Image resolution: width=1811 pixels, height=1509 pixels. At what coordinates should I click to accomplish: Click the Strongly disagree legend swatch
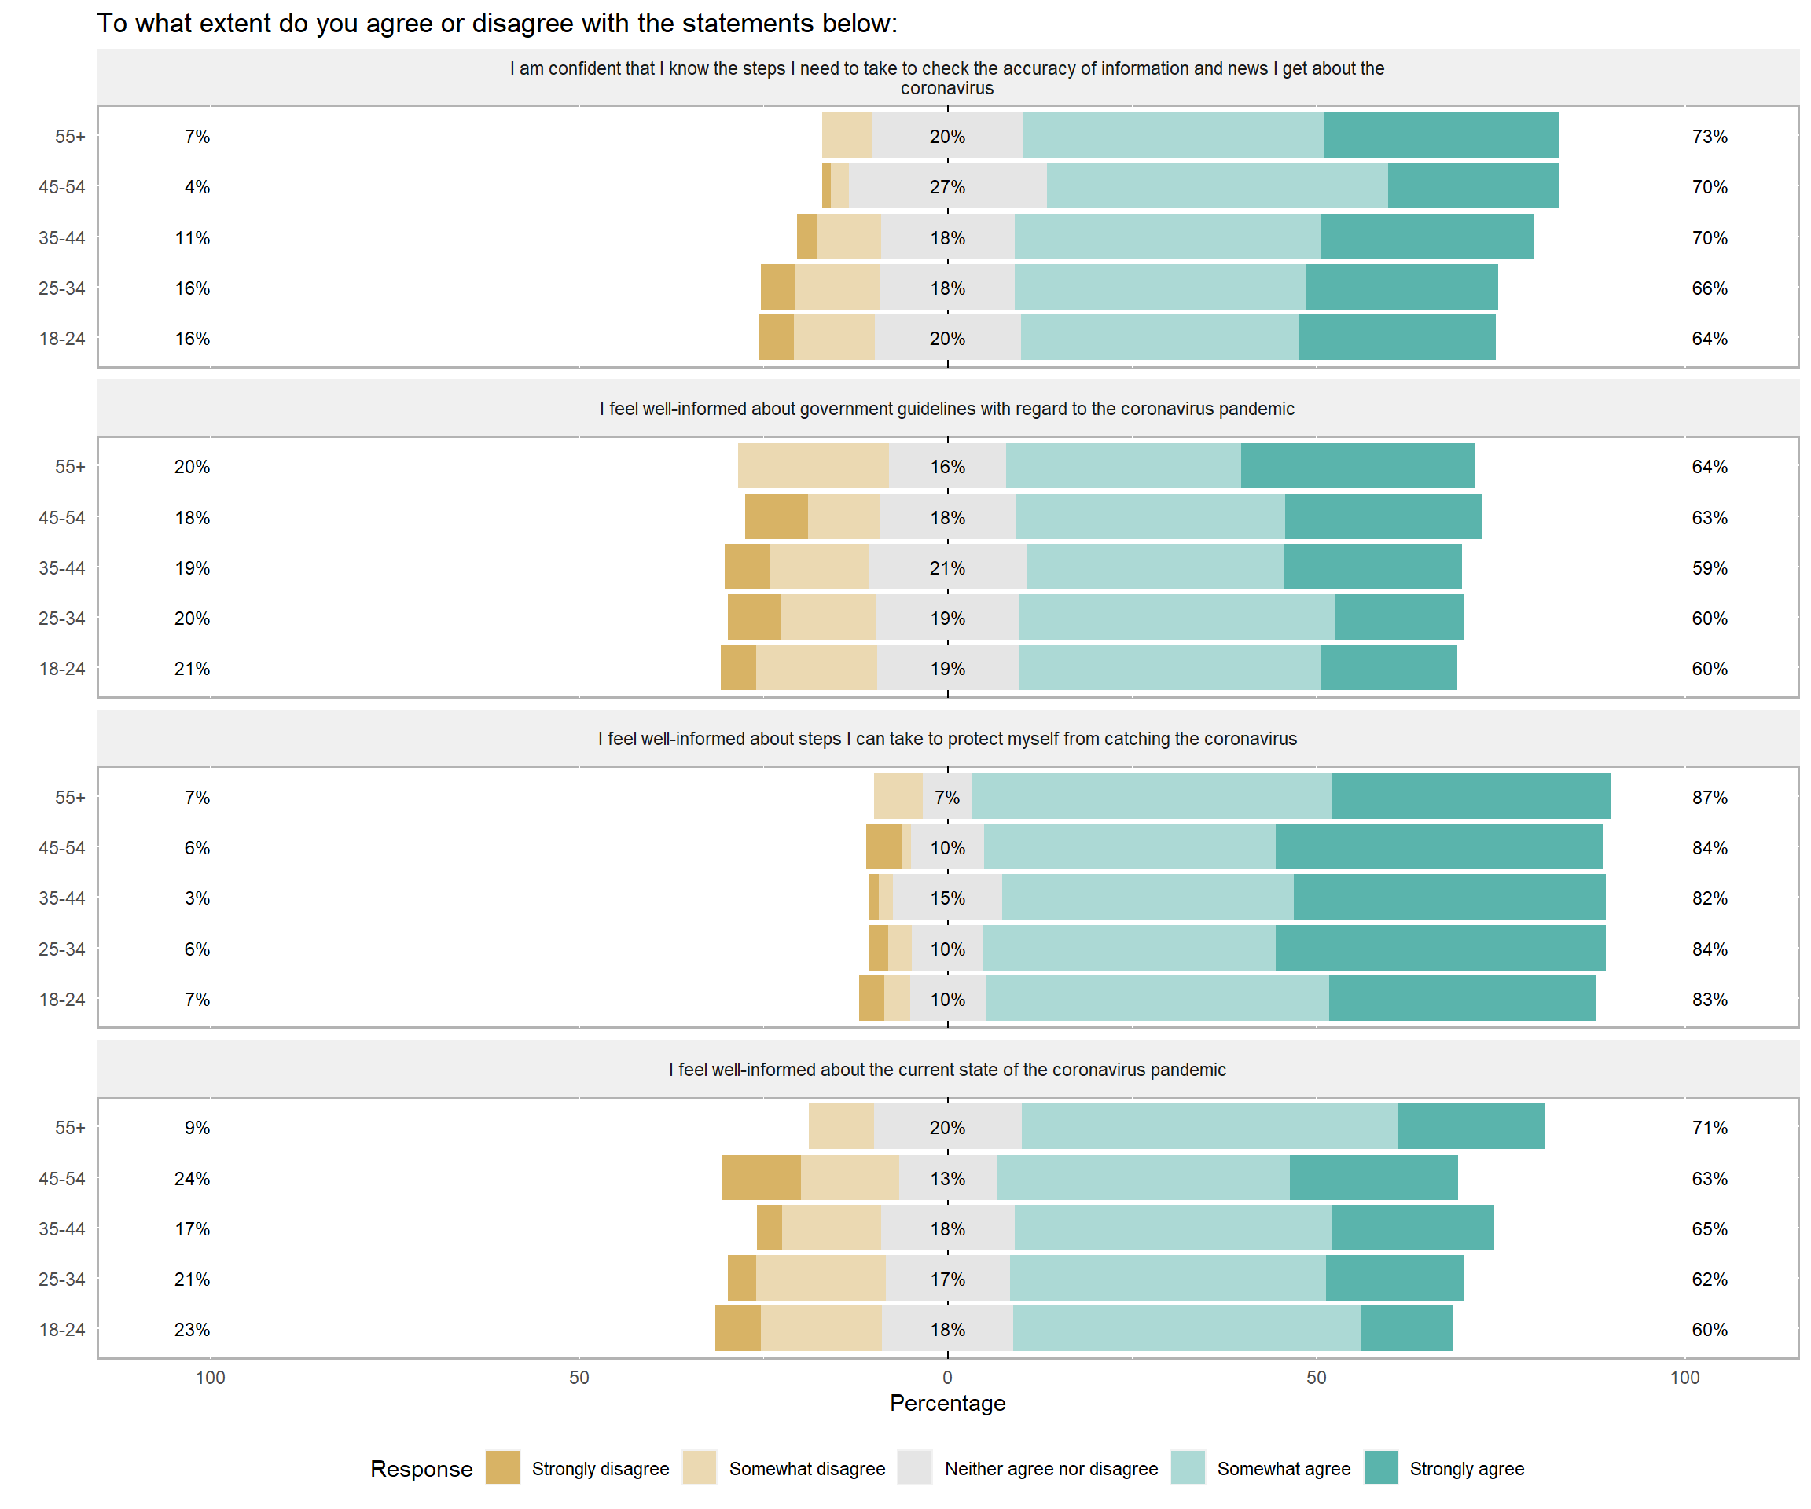click(502, 1467)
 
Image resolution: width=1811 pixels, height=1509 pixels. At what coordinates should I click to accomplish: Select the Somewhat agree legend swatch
click(1187, 1467)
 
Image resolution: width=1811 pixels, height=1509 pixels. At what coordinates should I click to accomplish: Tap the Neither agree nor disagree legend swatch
click(914, 1467)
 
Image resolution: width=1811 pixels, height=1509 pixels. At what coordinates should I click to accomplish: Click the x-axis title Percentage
click(947, 1403)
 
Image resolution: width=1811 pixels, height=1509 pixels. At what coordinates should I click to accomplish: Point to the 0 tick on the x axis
click(947, 1377)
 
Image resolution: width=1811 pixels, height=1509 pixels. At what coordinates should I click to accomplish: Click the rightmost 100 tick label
click(1684, 1377)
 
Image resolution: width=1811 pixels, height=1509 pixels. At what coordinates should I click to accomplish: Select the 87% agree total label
click(1710, 798)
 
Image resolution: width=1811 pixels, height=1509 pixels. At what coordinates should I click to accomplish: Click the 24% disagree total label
click(192, 1179)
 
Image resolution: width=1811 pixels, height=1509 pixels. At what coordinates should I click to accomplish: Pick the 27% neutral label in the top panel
click(947, 187)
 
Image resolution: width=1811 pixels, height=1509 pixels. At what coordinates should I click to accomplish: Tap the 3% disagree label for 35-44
click(197, 898)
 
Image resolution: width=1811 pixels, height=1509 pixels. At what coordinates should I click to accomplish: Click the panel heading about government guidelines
click(947, 409)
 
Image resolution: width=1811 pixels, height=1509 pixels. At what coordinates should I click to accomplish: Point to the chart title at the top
click(497, 24)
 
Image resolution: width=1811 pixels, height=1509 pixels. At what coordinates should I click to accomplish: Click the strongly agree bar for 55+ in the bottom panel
click(1471, 1126)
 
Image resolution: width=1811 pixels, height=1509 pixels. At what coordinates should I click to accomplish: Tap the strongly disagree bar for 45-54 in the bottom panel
click(761, 1177)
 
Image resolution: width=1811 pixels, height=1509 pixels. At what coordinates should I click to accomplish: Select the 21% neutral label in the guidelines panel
click(947, 568)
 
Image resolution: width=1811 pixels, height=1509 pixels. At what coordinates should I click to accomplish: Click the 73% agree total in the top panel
click(1710, 136)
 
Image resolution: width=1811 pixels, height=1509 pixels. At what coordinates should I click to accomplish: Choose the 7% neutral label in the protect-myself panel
click(947, 798)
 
